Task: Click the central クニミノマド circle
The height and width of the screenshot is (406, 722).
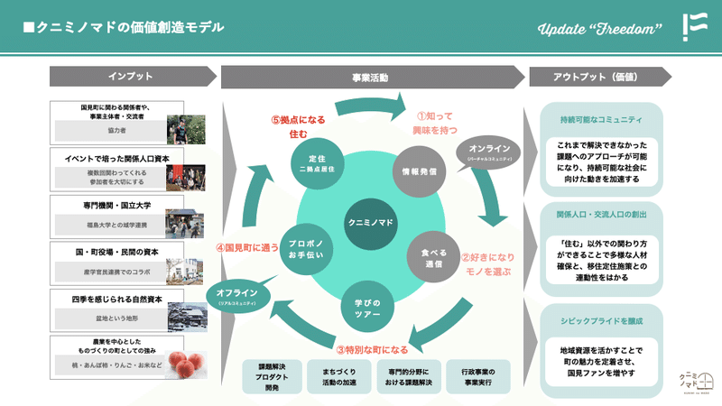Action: click(x=371, y=223)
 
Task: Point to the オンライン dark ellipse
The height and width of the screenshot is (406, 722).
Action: click(x=490, y=151)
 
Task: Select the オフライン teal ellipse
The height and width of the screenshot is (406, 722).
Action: click(x=238, y=295)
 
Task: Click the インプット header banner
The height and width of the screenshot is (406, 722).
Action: click(x=130, y=78)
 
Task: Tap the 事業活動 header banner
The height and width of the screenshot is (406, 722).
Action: click(x=370, y=78)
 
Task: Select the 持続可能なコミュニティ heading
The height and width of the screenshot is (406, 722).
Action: click(x=601, y=119)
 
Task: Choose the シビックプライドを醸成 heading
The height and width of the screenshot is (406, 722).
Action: click(x=601, y=320)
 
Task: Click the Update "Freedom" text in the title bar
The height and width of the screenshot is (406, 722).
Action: click(x=594, y=28)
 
